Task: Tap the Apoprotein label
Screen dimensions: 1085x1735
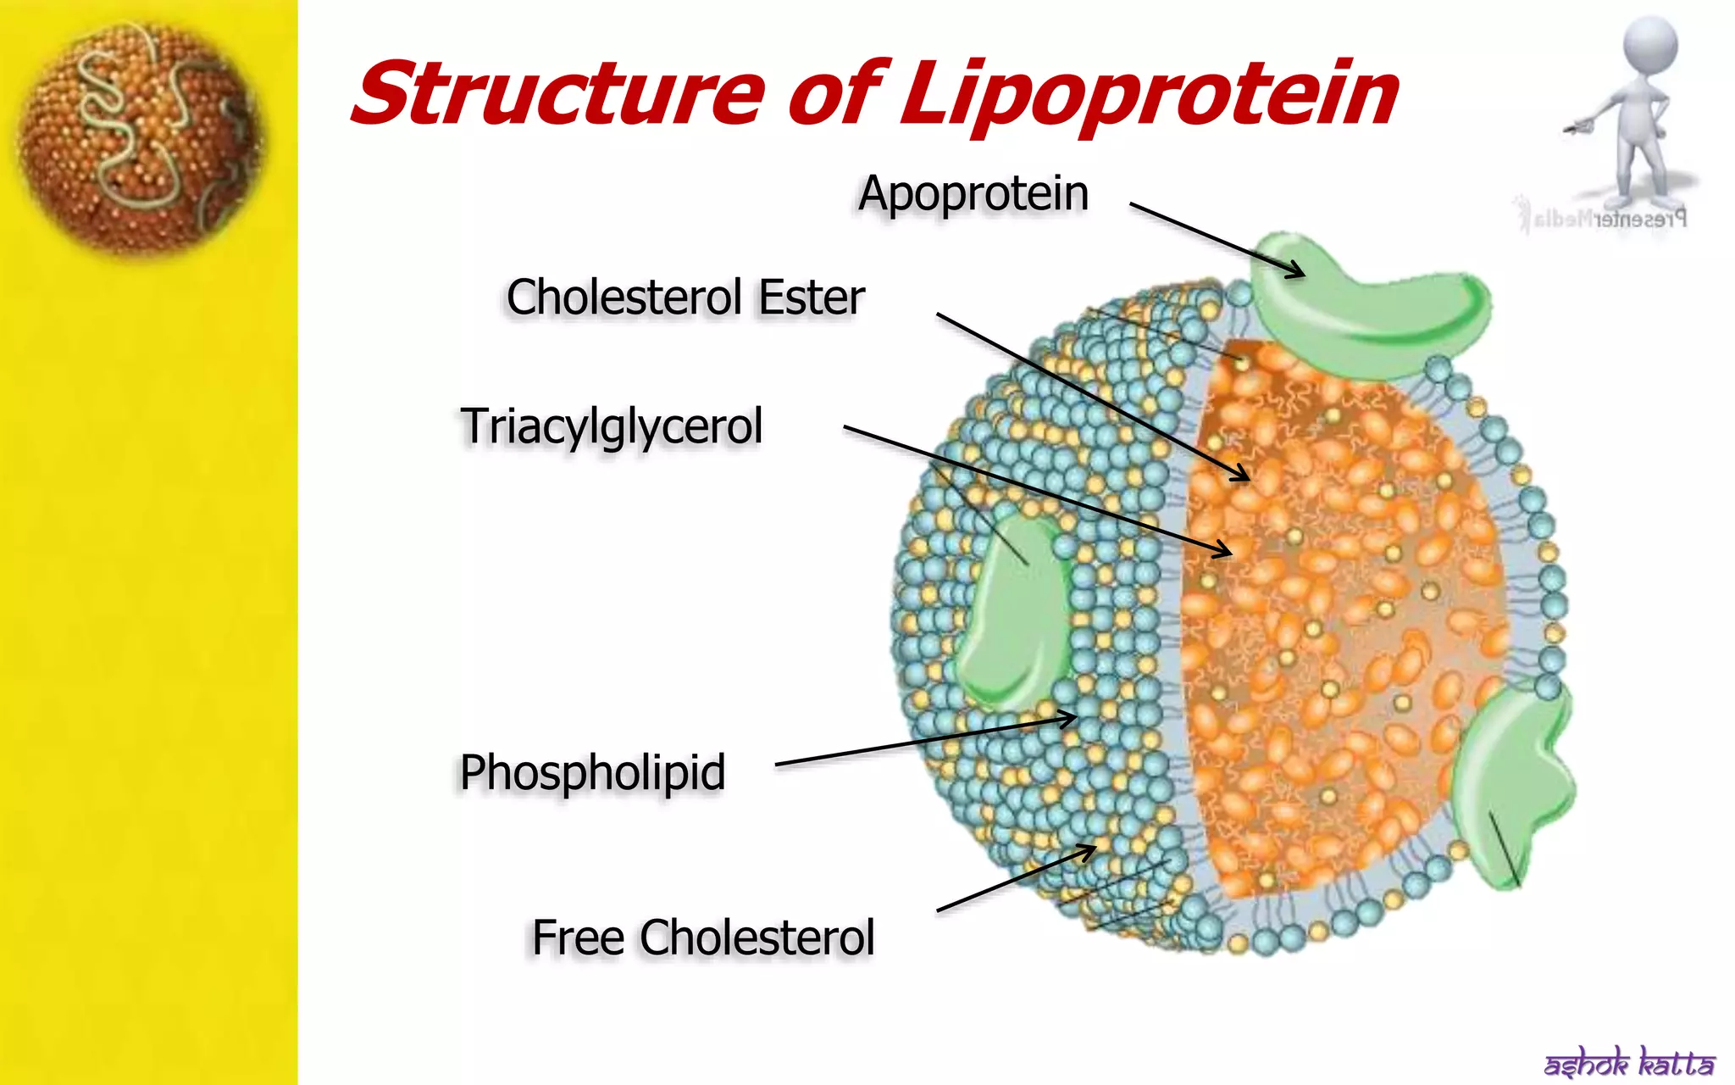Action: tap(973, 193)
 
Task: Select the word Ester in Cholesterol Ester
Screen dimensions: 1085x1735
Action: tap(811, 298)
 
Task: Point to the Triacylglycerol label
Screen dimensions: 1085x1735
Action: tap(611, 426)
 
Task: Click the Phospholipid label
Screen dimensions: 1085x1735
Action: tap(592, 772)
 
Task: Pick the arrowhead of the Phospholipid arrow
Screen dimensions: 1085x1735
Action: tap(1070, 720)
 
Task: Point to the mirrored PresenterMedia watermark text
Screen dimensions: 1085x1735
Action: tap(1601, 219)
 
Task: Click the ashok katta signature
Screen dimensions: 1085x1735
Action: tap(1628, 1062)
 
